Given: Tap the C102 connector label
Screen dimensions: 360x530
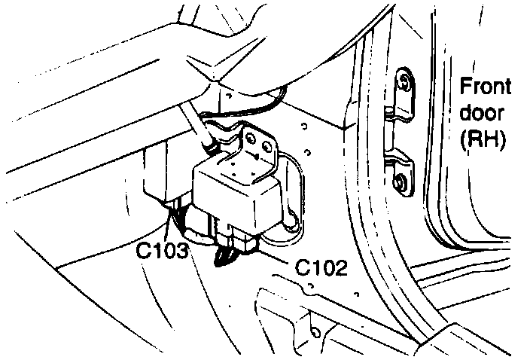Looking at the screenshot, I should click(x=321, y=267).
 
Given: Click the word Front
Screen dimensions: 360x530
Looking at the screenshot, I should click(x=486, y=86).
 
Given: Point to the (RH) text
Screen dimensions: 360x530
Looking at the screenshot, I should click(x=482, y=139).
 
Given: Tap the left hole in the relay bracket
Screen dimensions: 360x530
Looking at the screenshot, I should click(x=248, y=140).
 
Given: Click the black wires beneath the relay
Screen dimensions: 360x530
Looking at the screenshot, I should click(x=225, y=256).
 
